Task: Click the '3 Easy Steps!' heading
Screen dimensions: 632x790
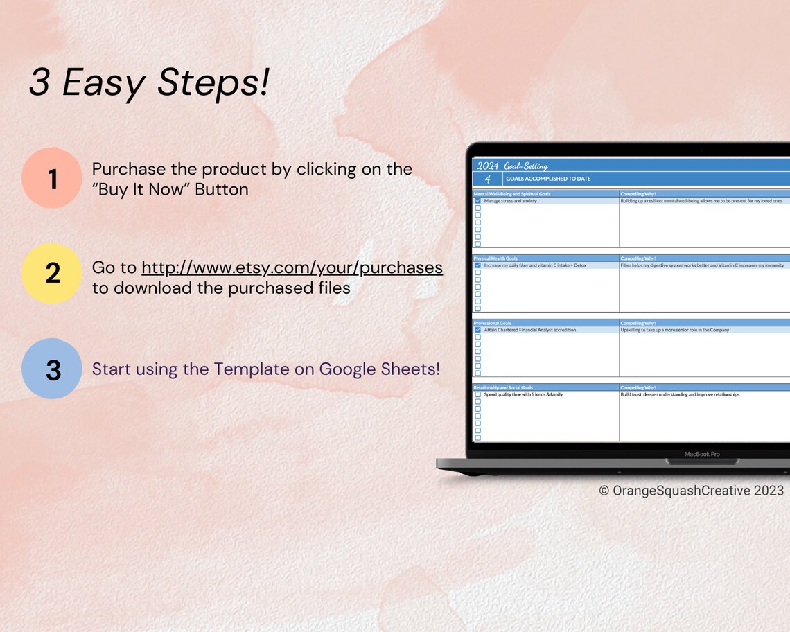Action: (x=149, y=83)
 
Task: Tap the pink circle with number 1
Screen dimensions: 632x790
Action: (x=52, y=178)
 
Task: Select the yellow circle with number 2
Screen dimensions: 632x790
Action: (x=52, y=273)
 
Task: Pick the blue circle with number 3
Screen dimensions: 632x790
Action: (x=52, y=369)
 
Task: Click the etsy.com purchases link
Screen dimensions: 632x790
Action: (x=292, y=267)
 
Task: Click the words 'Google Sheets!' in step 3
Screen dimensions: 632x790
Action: (x=379, y=369)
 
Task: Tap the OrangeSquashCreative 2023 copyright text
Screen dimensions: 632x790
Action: (x=691, y=491)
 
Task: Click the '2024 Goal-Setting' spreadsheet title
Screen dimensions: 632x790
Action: (x=512, y=166)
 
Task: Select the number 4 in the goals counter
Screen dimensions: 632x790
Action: (x=487, y=179)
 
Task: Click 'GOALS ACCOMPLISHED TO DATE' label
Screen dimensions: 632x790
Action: (x=548, y=179)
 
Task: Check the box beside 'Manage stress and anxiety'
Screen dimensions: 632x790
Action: (x=477, y=201)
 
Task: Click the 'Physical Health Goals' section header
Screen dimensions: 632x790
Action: (x=495, y=258)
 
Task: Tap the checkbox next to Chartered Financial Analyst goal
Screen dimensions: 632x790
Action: (x=477, y=330)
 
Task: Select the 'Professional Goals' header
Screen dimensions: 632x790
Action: (x=493, y=323)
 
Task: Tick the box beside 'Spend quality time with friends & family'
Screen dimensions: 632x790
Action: (x=477, y=394)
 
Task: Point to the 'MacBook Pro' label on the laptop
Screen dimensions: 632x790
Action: (x=702, y=454)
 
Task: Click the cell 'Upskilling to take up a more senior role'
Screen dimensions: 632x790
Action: (x=674, y=330)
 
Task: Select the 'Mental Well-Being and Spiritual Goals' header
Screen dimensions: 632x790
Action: (x=512, y=194)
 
